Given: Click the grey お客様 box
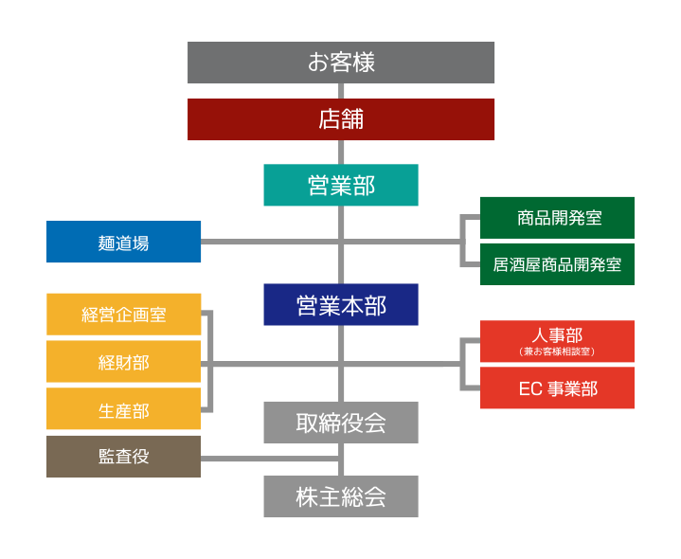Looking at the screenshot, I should coord(341,63).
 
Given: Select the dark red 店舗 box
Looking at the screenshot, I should coord(341,120).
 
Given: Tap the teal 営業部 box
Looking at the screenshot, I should coord(341,185).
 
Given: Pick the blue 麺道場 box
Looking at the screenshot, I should coord(124,242).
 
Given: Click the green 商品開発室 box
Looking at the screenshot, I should coord(557,218).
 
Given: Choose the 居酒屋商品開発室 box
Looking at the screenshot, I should coord(557,264).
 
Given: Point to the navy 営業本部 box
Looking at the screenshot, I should coord(341,305).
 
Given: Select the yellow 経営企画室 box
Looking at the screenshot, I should coord(124,315).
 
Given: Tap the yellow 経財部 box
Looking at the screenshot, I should coord(124,362).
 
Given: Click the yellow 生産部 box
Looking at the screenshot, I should coord(124,410).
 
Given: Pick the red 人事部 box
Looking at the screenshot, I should coord(557,335).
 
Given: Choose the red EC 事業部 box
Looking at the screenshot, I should coord(557,388).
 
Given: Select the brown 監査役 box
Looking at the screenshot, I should coord(124,456).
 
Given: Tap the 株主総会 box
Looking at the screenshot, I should coord(341,496).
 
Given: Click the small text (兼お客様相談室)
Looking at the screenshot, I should coord(557,352).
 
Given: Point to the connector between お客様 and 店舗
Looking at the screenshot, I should coord(341,91).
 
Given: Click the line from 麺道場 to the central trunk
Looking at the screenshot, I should coord(270,242).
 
